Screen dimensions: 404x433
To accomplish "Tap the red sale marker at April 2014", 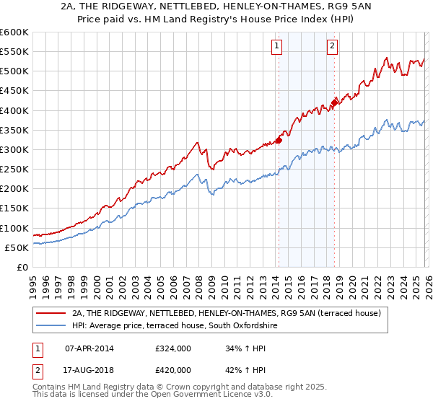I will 279,140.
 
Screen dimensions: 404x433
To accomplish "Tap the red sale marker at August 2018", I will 334,102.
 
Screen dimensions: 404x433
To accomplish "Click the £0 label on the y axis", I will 21,267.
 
